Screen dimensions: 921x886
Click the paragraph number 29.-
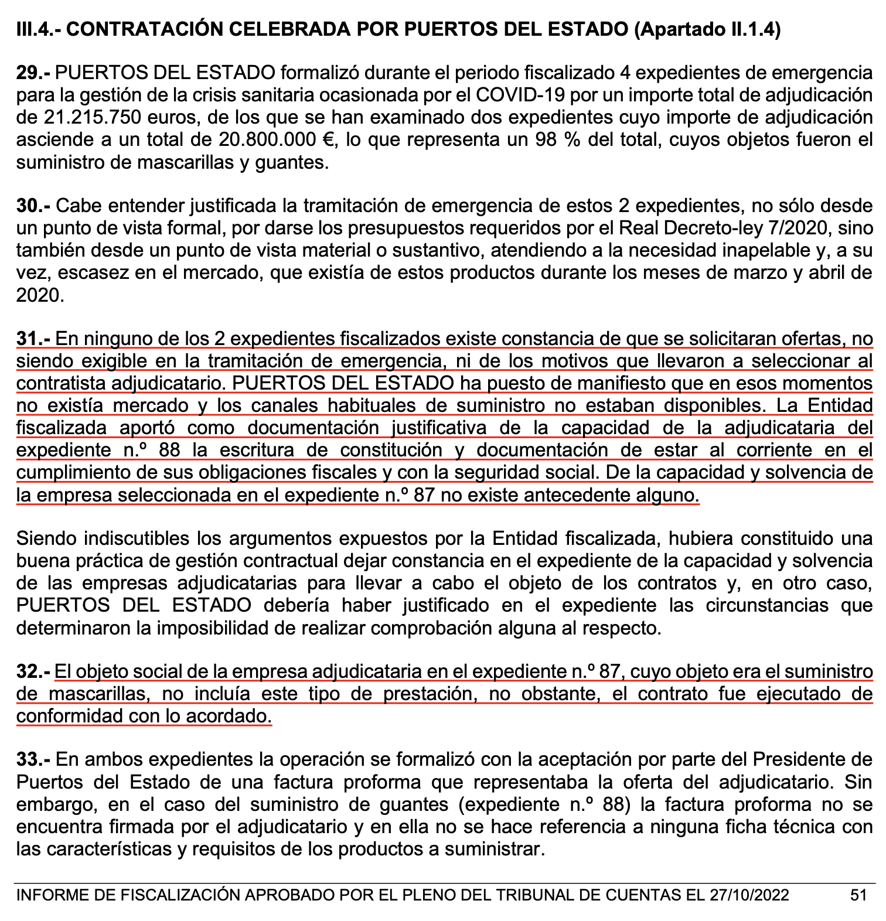34,73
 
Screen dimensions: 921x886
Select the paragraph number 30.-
34,206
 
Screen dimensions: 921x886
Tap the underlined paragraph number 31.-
34,339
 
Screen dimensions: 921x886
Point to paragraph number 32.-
34,671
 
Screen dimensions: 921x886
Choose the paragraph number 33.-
34,760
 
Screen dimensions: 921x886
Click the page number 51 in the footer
858,895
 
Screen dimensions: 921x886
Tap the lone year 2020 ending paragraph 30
39,295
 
